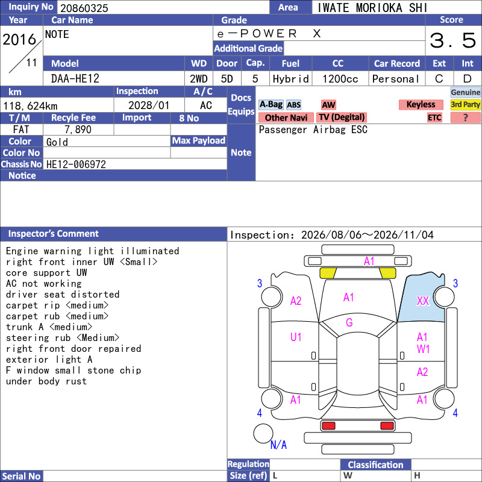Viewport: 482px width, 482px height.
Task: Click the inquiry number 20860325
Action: pyautogui.click(x=84, y=8)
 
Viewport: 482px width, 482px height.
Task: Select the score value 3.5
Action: pyautogui.click(x=453, y=40)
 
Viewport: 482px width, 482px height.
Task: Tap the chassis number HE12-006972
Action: pyautogui.click(x=76, y=164)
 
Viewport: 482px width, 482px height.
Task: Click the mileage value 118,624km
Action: pyautogui.click(x=30, y=106)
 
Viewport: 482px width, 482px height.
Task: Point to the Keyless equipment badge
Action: pyautogui.click(x=421, y=104)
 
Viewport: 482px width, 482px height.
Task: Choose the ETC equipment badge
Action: pyautogui.click(x=434, y=117)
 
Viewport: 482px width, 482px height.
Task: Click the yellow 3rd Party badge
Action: pyautogui.click(x=465, y=104)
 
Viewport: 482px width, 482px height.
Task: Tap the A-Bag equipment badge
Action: pyautogui.click(x=271, y=104)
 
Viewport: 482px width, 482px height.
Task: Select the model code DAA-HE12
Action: pyautogui.click(x=75, y=79)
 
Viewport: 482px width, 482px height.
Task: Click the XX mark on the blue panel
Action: pyautogui.click(x=423, y=301)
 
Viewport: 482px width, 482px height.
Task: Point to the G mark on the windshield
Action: pyautogui.click(x=349, y=322)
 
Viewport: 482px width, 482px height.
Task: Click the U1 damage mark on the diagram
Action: pyautogui.click(x=296, y=337)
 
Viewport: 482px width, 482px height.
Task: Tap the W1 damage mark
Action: pyautogui.click(x=423, y=349)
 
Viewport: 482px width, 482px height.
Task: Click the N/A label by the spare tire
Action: pyautogui.click(x=278, y=445)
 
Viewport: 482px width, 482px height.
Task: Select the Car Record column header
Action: pyautogui.click(x=397, y=63)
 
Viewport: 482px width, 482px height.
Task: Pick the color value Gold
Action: pyautogui.click(x=57, y=142)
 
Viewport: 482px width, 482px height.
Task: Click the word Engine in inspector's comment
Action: pyautogui.click(x=22, y=251)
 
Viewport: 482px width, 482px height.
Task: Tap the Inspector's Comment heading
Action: pyautogui.click(x=53, y=234)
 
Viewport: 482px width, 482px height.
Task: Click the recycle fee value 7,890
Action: pyautogui.click(x=78, y=130)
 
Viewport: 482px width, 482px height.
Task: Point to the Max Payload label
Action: pyautogui.click(x=199, y=140)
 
